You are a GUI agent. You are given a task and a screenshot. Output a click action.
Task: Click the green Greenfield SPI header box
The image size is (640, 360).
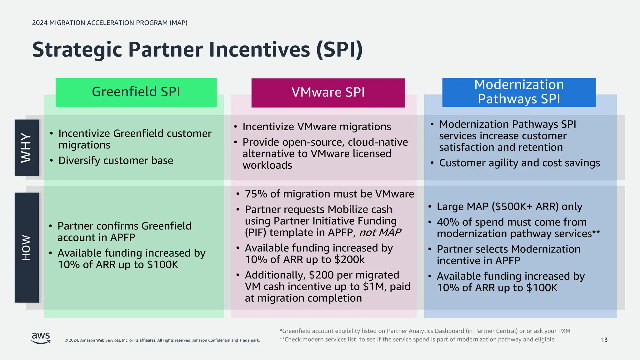[x=136, y=92]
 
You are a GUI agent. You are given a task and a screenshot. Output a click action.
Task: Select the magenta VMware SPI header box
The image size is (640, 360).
[x=328, y=93]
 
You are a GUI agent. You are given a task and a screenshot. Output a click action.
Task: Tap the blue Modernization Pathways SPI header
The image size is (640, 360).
[x=519, y=92]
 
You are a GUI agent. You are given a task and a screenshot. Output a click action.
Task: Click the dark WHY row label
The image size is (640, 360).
[x=27, y=147]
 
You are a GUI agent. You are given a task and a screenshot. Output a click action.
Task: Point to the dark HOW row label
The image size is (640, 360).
[x=27, y=247]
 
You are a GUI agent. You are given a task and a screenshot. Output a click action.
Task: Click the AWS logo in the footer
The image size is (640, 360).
[x=41, y=338]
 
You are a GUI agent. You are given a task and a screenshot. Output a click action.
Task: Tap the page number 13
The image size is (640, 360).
[x=604, y=340]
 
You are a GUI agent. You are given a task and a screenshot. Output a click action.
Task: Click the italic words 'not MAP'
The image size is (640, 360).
[x=380, y=232]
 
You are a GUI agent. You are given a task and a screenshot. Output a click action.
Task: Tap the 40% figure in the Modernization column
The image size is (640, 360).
[x=448, y=222]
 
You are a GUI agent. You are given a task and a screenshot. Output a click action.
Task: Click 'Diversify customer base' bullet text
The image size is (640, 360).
[x=116, y=161]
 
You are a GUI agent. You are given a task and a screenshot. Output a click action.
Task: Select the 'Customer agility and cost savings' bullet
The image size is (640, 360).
[x=519, y=163]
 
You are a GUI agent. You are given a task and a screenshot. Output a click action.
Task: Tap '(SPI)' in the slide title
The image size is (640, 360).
[x=339, y=50]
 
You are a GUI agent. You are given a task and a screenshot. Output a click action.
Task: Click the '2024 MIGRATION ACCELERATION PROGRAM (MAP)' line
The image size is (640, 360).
[x=110, y=23]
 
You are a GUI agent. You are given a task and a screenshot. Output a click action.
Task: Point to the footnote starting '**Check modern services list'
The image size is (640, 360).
[x=417, y=339]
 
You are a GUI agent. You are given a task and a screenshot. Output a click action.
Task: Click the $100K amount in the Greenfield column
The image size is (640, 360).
[x=162, y=265]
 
